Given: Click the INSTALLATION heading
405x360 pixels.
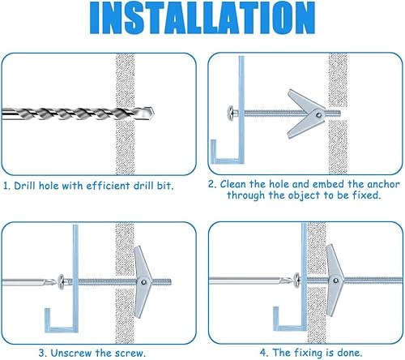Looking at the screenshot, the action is tap(202, 18).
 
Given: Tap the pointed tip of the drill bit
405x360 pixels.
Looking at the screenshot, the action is tap(153, 111).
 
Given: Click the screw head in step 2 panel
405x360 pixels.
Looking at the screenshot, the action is tap(232, 113).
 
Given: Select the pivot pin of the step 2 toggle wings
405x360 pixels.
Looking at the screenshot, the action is tap(319, 115).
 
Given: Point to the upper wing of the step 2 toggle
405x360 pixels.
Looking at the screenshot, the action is tap(305, 101).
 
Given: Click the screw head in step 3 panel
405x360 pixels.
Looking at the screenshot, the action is tap(62, 282).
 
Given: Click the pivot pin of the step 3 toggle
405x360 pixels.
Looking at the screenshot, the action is tap(143, 282).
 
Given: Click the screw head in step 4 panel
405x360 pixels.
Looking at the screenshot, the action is tap(296, 281).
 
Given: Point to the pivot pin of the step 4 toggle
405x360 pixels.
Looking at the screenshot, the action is tap(335, 281).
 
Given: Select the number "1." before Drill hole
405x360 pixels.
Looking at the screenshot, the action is tap(6, 186).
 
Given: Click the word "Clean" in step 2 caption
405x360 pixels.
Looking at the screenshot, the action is tap(233, 184).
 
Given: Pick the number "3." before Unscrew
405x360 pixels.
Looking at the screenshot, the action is tap(43, 354).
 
